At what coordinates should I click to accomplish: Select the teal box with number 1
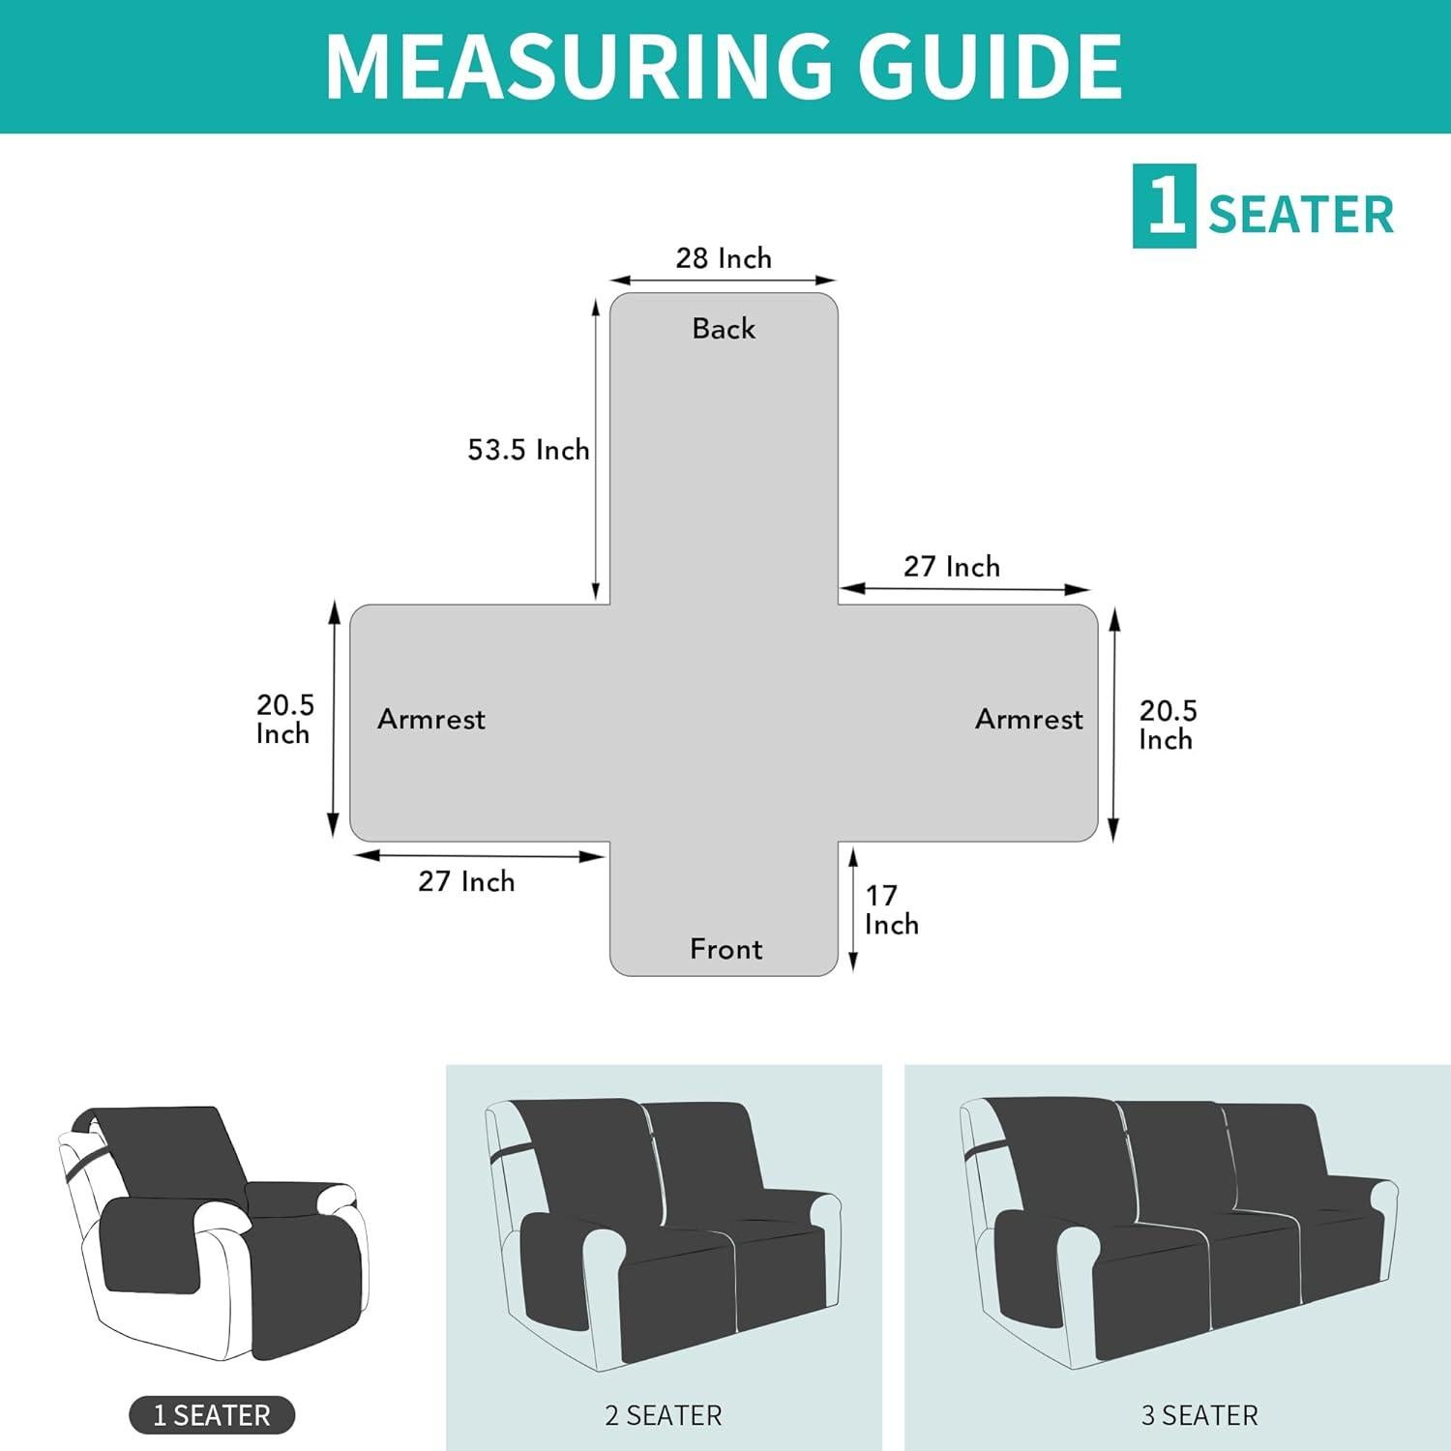[1164, 206]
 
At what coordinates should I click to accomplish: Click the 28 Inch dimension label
[724, 258]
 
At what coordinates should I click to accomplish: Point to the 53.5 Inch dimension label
[528, 450]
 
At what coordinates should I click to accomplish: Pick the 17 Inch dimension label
[890, 909]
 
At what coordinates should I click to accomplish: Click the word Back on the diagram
[724, 329]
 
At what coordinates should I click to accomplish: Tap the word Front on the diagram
[725, 949]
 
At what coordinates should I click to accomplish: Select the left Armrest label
[430, 719]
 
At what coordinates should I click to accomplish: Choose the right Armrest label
[1028, 719]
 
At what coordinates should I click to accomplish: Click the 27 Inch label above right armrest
[952, 567]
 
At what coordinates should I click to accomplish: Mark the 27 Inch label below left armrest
[466, 881]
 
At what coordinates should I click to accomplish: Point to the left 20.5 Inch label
[284, 719]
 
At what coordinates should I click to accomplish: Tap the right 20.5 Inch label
[1168, 725]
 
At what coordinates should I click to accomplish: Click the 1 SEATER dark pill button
[212, 1415]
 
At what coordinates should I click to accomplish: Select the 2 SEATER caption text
[664, 1415]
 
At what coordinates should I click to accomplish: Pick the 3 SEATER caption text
[1199, 1415]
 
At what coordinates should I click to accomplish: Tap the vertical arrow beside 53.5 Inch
[596, 450]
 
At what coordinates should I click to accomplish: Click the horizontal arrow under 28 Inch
[724, 281]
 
